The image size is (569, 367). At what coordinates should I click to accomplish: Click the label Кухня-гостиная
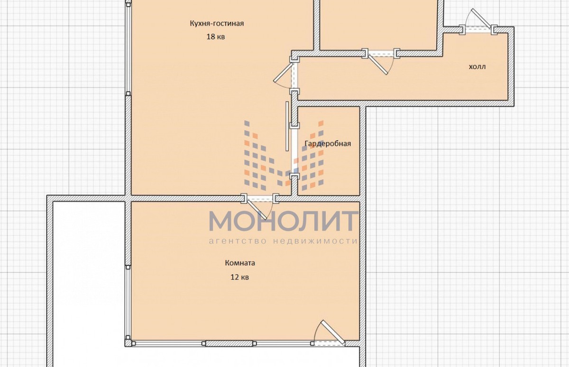(217, 23)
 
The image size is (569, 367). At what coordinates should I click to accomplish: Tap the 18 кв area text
(215, 37)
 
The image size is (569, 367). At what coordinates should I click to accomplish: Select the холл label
(477, 66)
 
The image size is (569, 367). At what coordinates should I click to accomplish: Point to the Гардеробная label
(328, 144)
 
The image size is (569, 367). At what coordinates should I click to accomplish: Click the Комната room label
(240, 263)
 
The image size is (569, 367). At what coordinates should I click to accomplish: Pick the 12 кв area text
(239, 277)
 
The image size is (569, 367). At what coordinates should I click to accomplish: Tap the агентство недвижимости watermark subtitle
(283, 241)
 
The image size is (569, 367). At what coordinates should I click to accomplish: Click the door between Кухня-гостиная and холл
(286, 75)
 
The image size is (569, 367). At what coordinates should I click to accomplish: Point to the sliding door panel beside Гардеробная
(287, 126)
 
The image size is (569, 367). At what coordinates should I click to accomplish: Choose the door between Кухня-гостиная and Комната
(258, 207)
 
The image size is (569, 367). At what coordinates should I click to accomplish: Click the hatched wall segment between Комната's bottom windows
(229, 344)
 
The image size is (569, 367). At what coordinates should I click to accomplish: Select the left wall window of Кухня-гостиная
(128, 48)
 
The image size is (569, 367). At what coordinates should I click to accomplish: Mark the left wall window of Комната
(128, 302)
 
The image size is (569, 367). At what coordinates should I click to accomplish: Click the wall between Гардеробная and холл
(329, 103)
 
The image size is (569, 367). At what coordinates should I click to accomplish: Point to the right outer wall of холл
(511, 66)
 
